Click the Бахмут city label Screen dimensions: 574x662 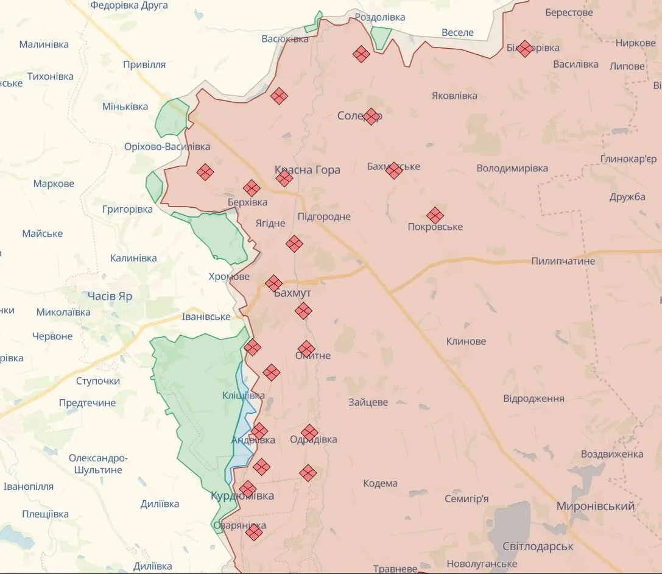click(292, 294)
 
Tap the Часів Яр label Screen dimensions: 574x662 click(110, 296)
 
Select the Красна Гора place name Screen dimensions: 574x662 click(307, 170)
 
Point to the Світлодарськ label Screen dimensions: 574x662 click(538, 546)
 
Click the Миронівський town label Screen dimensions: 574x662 click(595, 506)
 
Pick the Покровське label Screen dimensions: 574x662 click(435, 227)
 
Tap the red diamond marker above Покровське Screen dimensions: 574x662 click(435, 215)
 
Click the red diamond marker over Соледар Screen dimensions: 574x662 click(371, 116)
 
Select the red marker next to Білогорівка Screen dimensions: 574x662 click(524, 49)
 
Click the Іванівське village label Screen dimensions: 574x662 click(206, 317)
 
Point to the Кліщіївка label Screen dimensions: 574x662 click(244, 395)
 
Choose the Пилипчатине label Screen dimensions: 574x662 click(563, 261)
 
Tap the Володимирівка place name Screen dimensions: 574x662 click(512, 169)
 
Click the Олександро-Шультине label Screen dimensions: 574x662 click(98, 464)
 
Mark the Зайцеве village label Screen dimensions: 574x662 click(368, 402)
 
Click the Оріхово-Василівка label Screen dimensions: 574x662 click(167, 147)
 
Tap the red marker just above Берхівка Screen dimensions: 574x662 click(252, 188)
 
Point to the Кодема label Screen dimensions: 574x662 click(380, 483)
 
